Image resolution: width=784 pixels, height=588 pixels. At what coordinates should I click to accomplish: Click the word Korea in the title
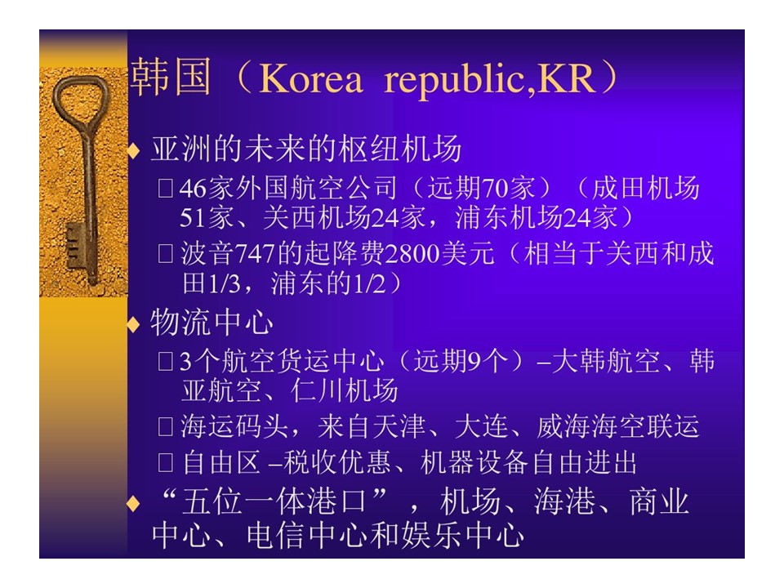pos(310,79)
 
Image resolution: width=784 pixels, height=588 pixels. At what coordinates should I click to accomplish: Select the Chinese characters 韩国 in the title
pos(170,77)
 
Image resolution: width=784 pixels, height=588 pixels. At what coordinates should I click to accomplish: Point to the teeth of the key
pos(73,246)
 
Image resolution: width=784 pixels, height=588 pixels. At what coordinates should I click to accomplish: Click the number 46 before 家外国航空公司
pos(193,189)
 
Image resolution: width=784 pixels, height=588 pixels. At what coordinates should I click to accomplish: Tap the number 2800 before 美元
pos(412,254)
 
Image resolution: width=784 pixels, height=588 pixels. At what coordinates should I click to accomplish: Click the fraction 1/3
pos(225,284)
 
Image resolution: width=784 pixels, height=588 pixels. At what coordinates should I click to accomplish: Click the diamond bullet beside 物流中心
pos(133,325)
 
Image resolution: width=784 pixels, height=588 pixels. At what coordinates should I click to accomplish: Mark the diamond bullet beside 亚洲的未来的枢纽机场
pos(133,150)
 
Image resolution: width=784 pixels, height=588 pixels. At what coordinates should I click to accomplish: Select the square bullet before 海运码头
pos(165,426)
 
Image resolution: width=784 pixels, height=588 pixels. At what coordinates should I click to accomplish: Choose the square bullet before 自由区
pos(165,462)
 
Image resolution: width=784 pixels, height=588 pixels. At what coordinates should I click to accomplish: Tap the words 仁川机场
pos(345,391)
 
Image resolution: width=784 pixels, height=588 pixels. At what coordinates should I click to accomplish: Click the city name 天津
pos(399,426)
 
